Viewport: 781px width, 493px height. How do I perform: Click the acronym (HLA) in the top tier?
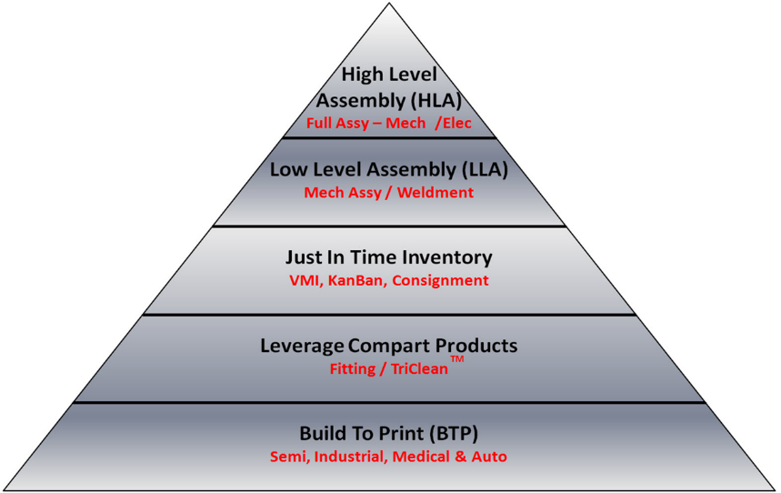[x=436, y=101]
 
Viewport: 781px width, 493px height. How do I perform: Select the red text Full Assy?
[x=337, y=124]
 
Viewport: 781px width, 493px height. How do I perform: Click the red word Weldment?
[x=436, y=193]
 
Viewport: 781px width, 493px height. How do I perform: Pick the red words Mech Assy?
[x=343, y=193]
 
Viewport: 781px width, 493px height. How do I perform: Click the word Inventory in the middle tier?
[x=446, y=258]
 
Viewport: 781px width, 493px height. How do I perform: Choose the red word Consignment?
[x=440, y=281]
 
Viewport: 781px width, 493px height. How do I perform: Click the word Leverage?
[x=302, y=347]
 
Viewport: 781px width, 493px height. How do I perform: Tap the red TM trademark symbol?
[x=456, y=359]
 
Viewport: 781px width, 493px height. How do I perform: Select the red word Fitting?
[x=353, y=369]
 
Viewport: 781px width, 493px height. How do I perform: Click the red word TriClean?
[x=419, y=369]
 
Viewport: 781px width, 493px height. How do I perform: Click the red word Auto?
[x=489, y=457]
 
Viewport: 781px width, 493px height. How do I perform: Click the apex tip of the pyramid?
[x=389, y=4]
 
